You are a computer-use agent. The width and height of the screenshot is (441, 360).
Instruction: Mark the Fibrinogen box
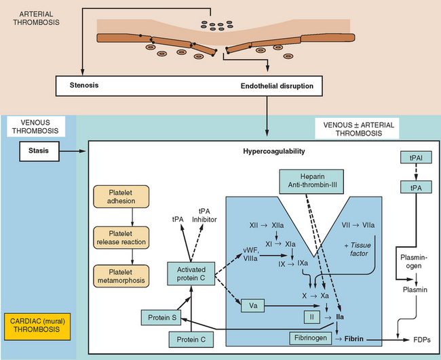tap(306, 337)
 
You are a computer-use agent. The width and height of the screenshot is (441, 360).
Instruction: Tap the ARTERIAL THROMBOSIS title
tap(33, 18)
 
